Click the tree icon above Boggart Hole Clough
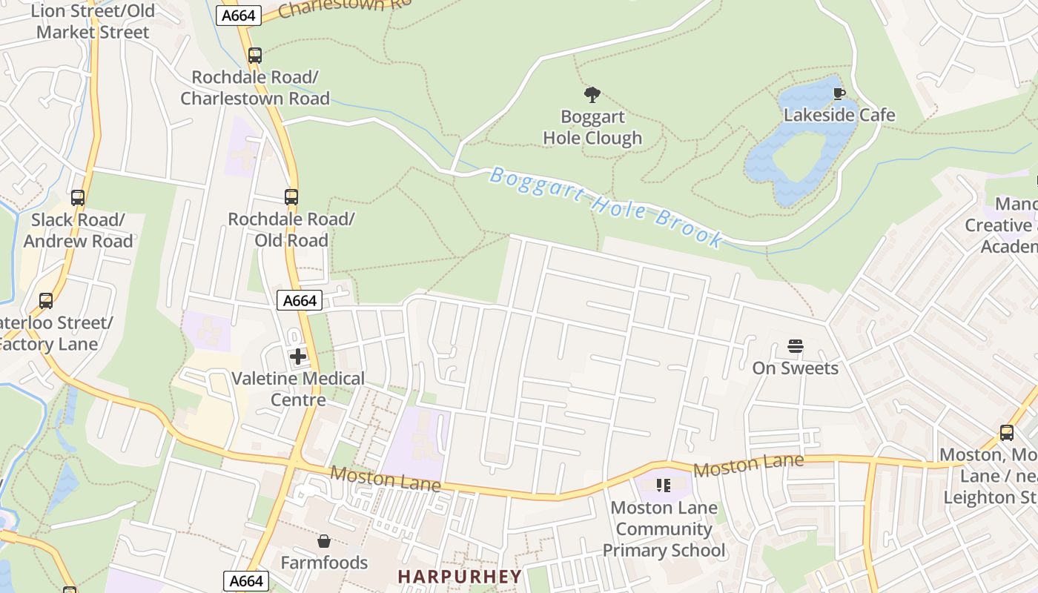click(592, 95)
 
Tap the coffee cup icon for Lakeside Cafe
click(839, 93)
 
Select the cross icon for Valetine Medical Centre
click(298, 357)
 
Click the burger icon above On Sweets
click(796, 346)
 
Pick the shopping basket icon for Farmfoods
click(323, 542)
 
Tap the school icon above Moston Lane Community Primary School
click(664, 486)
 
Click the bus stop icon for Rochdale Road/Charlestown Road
click(255, 56)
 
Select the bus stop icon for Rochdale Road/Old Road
click(291, 197)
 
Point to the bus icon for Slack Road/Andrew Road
click(78, 198)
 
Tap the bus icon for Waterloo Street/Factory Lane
click(46, 301)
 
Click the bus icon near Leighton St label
click(1006, 433)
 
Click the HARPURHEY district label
click(460, 576)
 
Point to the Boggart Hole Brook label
click(606, 207)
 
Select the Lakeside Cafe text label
click(839, 116)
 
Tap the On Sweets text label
click(796, 368)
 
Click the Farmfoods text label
click(324, 563)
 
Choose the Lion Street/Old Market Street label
click(93, 21)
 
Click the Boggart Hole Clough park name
click(592, 127)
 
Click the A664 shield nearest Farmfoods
click(246, 581)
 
